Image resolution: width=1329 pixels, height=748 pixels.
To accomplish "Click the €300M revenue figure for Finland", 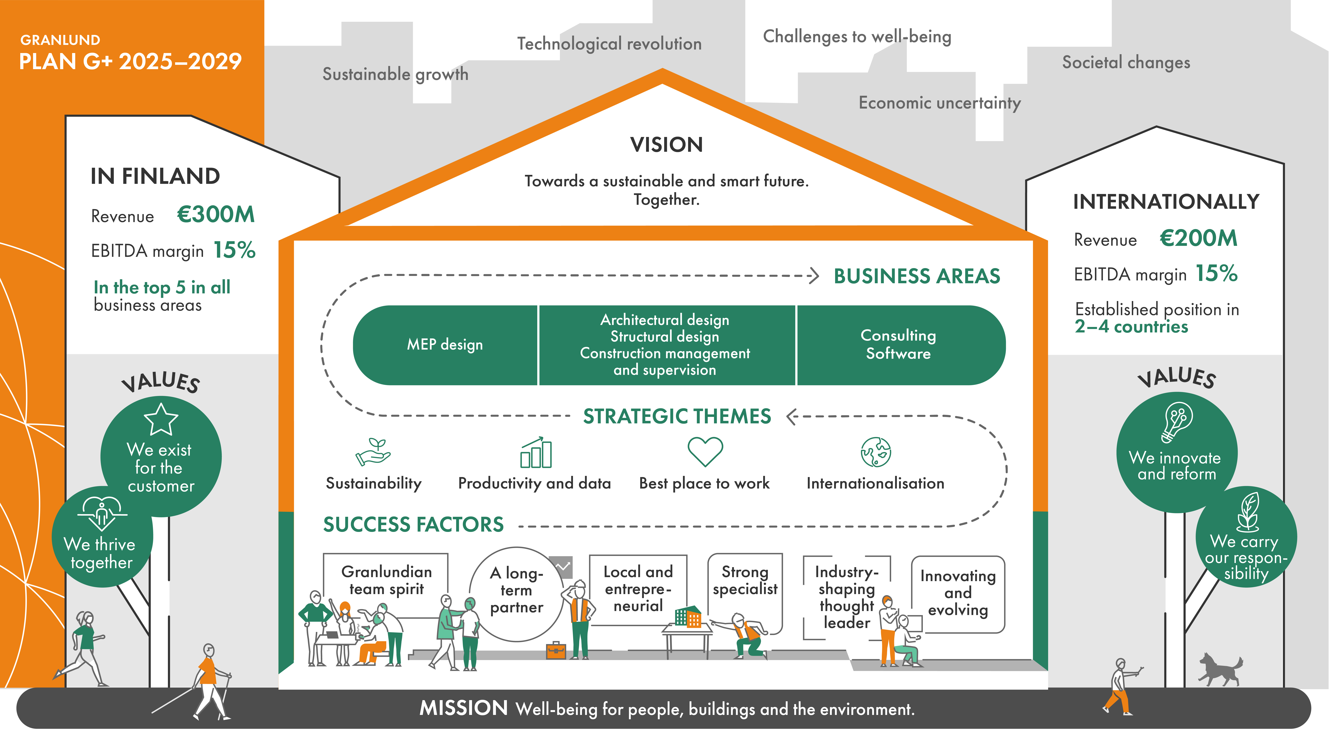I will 216,214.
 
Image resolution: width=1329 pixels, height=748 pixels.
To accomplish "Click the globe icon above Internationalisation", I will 875,452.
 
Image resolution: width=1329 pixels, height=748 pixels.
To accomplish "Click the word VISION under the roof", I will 666,145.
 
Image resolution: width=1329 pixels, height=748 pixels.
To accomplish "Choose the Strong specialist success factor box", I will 745,581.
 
